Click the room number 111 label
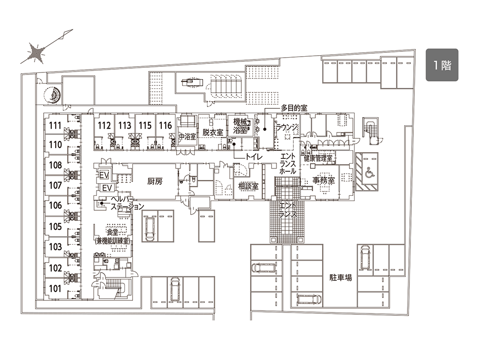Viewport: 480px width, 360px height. tap(55, 125)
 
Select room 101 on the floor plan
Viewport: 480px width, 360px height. tap(55, 288)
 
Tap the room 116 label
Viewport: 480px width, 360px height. tap(165, 125)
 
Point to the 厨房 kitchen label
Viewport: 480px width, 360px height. tap(155, 181)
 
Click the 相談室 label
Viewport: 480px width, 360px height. tap(248, 186)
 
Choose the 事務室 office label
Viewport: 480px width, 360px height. tap(324, 180)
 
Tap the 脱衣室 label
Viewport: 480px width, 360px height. tap(213, 132)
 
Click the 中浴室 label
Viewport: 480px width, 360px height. tap(187, 136)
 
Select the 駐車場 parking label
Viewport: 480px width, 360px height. tap(341, 277)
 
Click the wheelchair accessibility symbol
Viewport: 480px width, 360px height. tap(370, 173)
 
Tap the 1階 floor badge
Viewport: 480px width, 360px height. tap(442, 65)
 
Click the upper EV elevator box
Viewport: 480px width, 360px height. tap(104, 175)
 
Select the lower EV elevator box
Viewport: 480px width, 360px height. tap(107, 188)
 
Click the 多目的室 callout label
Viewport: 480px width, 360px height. tap(294, 108)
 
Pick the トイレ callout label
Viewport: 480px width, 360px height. tap(254, 157)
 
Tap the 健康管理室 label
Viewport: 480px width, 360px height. tap(318, 158)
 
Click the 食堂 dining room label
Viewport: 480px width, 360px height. tap(112, 232)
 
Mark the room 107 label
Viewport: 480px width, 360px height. tap(55, 185)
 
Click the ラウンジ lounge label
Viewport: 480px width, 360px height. tap(287, 127)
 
